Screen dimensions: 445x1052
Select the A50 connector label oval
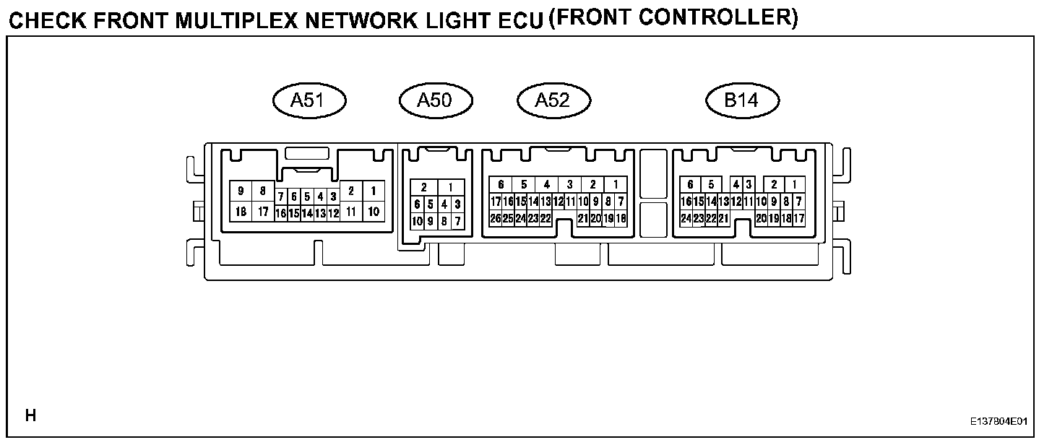click(435, 101)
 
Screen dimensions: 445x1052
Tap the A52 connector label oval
click(553, 101)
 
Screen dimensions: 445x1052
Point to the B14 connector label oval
click(742, 101)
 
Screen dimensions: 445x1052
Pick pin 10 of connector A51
click(374, 212)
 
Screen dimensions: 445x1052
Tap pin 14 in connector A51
click(307, 214)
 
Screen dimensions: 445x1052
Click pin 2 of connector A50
click(424, 188)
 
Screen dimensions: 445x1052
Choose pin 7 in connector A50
click(458, 221)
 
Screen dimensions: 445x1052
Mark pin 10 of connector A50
click(418, 221)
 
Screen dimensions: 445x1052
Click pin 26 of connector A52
click(496, 218)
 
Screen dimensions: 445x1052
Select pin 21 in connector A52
click(582, 218)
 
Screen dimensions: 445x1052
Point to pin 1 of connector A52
click(616, 185)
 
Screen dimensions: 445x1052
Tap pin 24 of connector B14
click(686, 218)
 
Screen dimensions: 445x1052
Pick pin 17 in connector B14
click(798, 218)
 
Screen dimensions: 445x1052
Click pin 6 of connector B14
click(691, 185)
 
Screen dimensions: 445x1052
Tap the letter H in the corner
click(30, 415)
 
